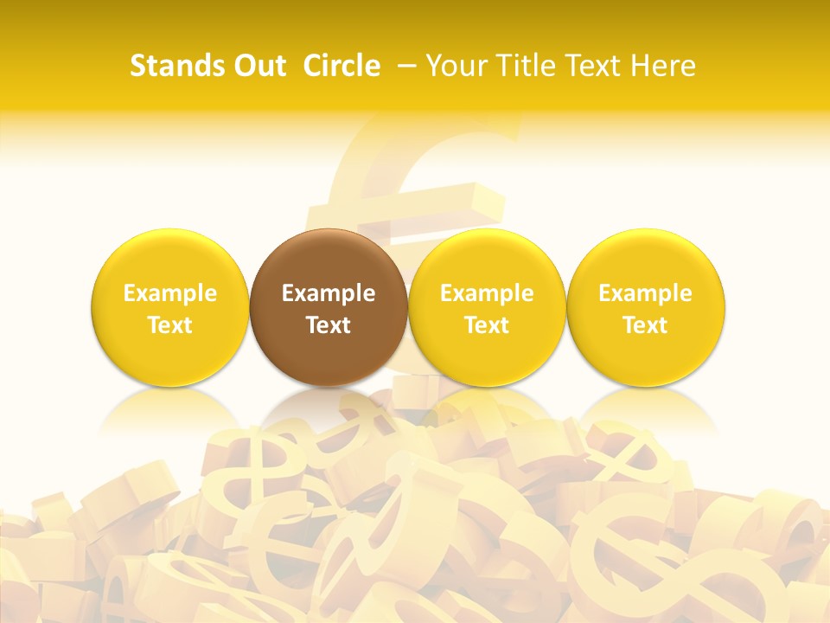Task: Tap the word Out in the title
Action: pyautogui.click(x=257, y=66)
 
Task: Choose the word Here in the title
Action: pyautogui.click(x=663, y=66)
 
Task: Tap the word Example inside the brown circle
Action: pyautogui.click(x=329, y=293)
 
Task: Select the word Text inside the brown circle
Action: pyautogui.click(x=329, y=325)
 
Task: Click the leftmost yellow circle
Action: pyautogui.click(x=170, y=355)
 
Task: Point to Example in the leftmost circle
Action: pyautogui.click(x=170, y=293)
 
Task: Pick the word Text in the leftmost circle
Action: pyautogui.click(x=170, y=325)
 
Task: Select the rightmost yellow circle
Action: pyautogui.click(x=646, y=355)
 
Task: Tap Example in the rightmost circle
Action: pyautogui.click(x=646, y=293)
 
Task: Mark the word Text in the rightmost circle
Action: pyautogui.click(x=646, y=325)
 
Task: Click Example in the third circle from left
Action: pyautogui.click(x=487, y=293)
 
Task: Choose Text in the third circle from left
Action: pyautogui.click(x=487, y=325)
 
